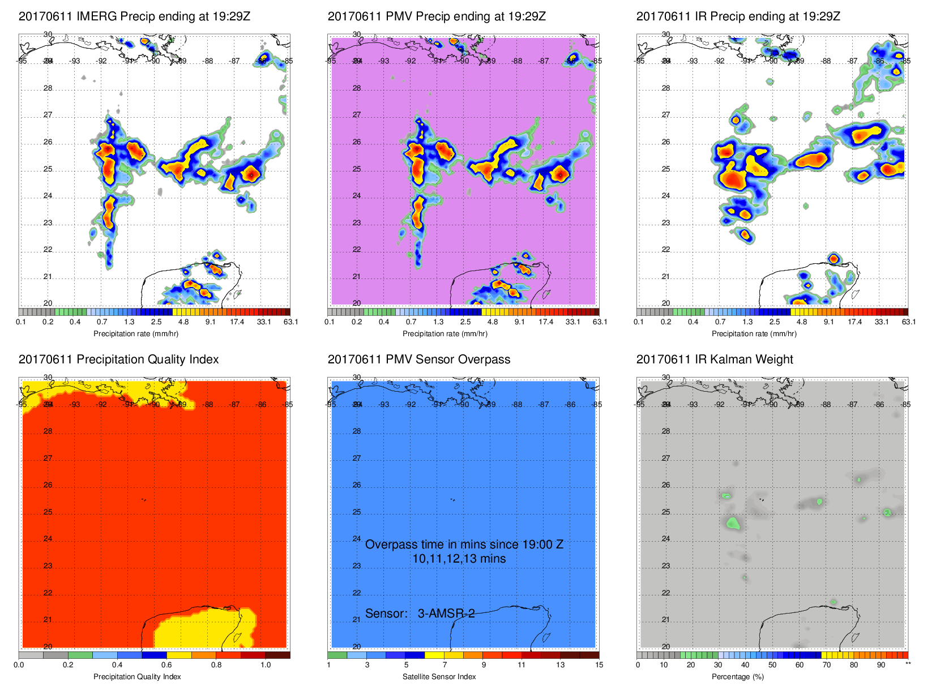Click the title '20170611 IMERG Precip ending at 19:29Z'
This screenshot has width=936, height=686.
tap(134, 16)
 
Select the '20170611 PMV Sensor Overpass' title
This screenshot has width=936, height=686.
tap(418, 359)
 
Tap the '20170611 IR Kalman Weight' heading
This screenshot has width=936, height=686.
tap(715, 359)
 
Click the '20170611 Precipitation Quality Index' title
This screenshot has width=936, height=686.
tap(118, 359)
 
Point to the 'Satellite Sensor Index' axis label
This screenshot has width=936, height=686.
tap(439, 676)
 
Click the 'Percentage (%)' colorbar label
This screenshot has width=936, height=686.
tap(737, 676)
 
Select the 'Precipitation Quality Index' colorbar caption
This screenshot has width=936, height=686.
tap(137, 676)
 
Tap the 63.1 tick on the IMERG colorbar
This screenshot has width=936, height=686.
tap(290, 322)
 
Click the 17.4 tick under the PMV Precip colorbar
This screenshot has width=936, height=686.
tap(546, 322)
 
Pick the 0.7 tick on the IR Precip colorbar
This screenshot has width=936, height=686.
tap(720, 322)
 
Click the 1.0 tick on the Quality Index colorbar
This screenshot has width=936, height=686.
tap(266, 665)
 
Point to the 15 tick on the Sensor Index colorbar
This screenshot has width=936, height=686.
tap(599, 665)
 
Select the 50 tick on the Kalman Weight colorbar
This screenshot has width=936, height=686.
tap(772, 665)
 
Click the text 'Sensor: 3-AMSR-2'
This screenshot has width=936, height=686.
tap(420, 614)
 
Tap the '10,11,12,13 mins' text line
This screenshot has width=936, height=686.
tap(459, 559)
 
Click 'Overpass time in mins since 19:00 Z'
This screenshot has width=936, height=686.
tap(464, 544)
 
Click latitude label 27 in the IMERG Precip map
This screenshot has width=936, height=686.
tap(48, 115)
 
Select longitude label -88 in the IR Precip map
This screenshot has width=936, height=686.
tap(826, 61)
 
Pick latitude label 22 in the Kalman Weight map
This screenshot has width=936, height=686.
tap(666, 593)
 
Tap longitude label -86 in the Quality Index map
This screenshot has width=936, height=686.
tap(261, 405)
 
